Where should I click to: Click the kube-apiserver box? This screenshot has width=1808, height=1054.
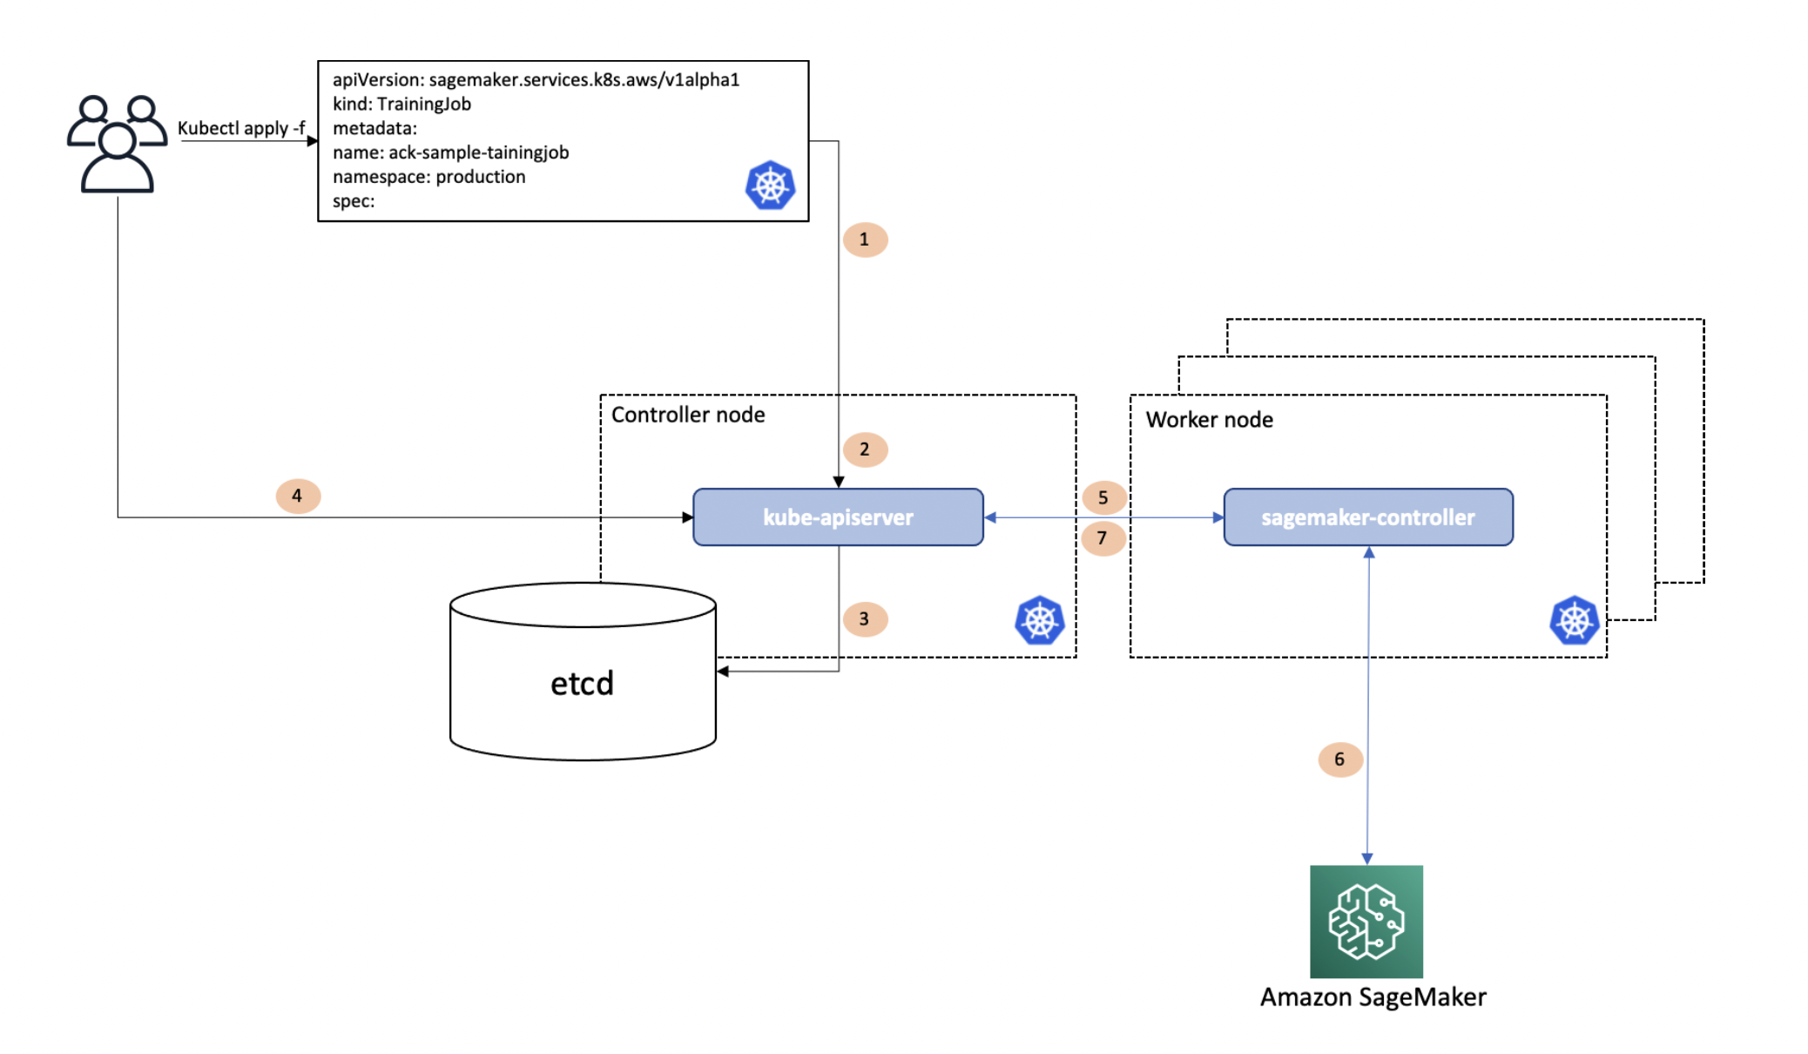coord(838,517)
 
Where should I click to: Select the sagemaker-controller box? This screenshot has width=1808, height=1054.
coord(1367,517)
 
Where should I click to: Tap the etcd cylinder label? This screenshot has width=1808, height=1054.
coord(582,683)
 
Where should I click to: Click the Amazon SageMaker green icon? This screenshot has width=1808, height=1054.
coord(1366,921)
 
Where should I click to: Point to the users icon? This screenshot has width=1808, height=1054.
coord(117,144)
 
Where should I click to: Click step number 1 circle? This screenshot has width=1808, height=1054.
coord(865,240)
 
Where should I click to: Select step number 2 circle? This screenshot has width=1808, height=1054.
coord(865,449)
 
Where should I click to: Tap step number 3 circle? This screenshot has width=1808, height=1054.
coord(865,619)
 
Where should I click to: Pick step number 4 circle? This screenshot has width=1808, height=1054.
coord(298,496)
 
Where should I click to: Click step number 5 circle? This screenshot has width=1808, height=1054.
coord(1103,497)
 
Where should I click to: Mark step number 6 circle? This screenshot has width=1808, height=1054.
coord(1339,760)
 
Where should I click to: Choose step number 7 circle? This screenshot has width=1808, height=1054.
coord(1103,538)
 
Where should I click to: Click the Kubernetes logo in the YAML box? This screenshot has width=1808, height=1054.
coord(770,186)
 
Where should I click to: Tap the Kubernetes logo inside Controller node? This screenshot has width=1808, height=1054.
coord(1039,620)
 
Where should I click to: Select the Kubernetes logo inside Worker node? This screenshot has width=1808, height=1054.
coord(1574,620)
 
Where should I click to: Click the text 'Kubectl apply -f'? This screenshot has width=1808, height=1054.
coord(241,128)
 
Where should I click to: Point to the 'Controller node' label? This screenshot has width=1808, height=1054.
coord(687,415)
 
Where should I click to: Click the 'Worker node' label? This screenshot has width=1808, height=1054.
coord(1209,420)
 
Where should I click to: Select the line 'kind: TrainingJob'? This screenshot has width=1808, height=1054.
coord(401,104)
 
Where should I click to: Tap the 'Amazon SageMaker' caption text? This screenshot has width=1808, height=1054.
coord(1373,997)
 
